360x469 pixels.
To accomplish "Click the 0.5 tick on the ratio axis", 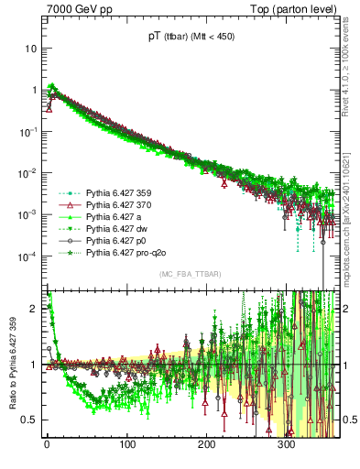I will point(30,420).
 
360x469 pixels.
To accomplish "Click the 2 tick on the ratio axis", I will point(34,309).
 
